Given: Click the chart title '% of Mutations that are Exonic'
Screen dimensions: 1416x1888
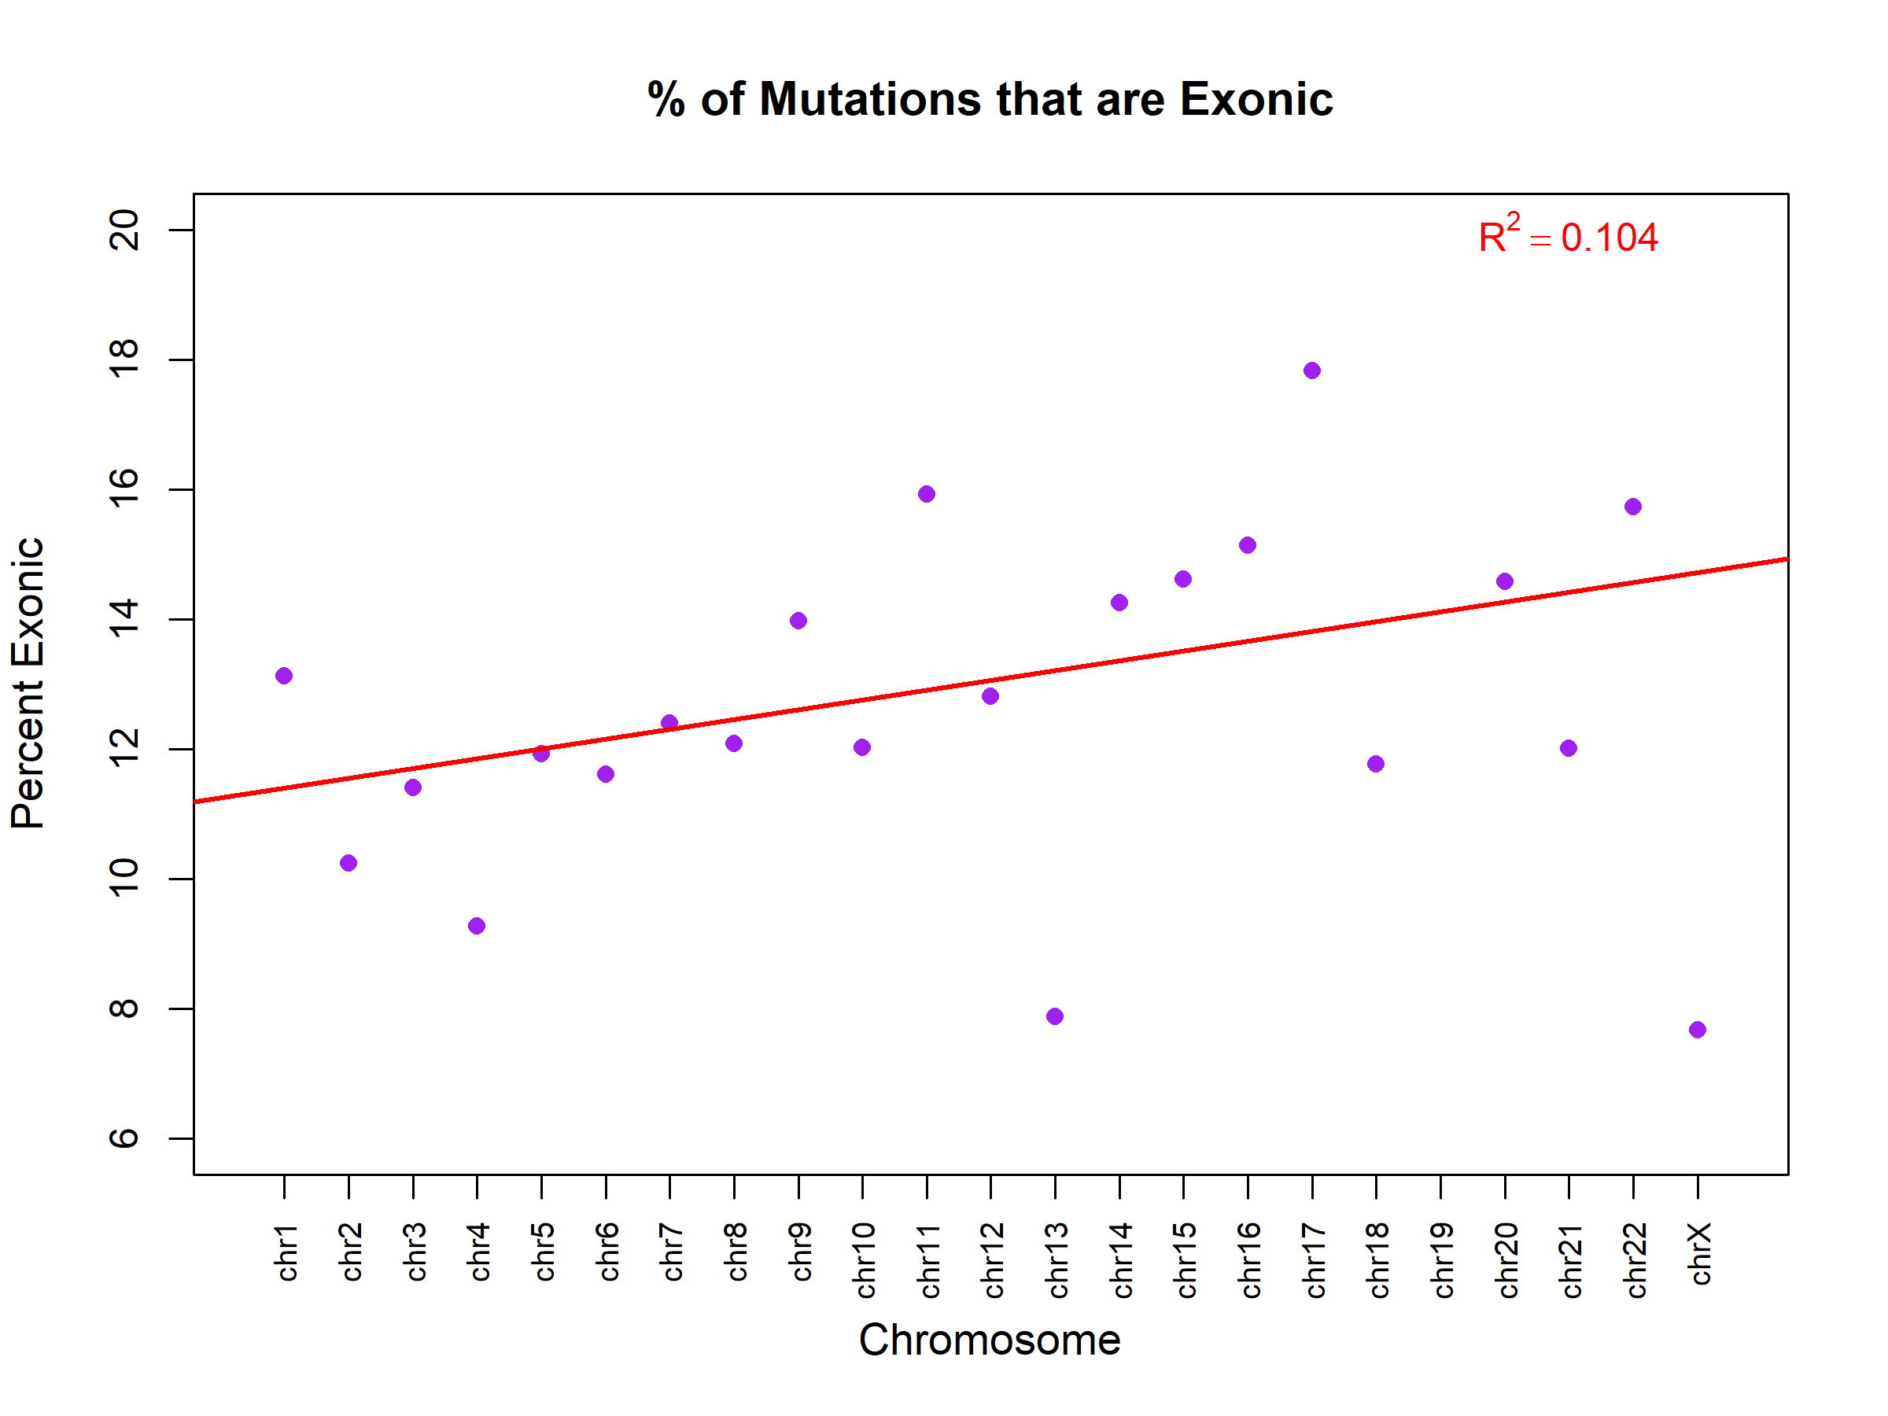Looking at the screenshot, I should point(990,99).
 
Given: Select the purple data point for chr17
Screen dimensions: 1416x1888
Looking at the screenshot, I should point(1312,371).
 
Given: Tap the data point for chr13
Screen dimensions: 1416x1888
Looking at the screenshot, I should point(1055,1016).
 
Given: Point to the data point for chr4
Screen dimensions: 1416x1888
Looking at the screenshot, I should point(478,926).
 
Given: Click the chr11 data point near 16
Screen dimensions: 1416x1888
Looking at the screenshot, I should point(927,494).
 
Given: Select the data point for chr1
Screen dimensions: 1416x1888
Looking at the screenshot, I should point(284,676).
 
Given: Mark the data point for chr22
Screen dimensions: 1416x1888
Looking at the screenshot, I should point(1633,507).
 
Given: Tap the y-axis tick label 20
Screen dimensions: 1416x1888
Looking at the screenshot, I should point(124,230).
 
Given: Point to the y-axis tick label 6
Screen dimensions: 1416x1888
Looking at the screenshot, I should point(124,1138).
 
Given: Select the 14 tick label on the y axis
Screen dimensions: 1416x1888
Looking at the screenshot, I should point(124,619).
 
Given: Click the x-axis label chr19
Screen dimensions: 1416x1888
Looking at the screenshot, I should point(1442,1259).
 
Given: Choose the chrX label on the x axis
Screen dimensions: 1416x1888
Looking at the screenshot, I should point(1699,1253).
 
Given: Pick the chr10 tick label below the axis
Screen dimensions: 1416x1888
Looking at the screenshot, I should point(864,1259).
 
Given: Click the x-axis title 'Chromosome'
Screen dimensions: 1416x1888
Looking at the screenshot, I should point(990,1339).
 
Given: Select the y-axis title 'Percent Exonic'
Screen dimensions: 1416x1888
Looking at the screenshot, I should point(28,683).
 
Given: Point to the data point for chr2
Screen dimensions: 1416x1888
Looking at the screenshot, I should point(348,863).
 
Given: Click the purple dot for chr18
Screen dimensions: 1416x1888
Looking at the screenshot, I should point(1376,764).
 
